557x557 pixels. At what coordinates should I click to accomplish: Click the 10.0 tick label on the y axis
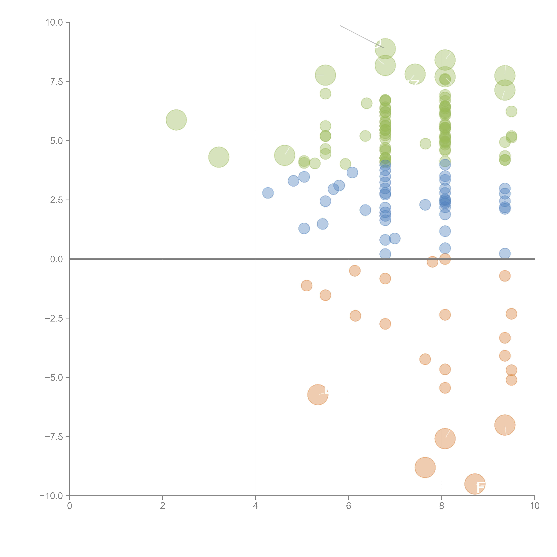click(54, 23)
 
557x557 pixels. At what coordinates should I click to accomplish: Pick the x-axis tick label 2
click(163, 506)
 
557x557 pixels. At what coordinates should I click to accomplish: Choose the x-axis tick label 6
click(349, 506)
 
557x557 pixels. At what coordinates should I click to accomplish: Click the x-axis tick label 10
click(534, 506)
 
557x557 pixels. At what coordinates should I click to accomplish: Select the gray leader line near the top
click(360, 36)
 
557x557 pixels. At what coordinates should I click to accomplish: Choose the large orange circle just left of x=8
click(425, 467)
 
